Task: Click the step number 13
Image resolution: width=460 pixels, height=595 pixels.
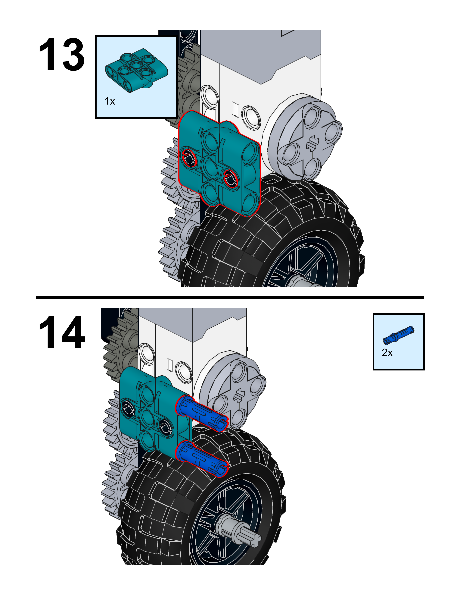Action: (61, 55)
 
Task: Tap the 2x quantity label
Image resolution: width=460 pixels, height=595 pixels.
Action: (387, 353)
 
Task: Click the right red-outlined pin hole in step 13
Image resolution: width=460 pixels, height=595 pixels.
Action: (231, 178)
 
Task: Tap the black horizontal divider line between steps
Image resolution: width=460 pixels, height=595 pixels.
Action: (230, 297)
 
